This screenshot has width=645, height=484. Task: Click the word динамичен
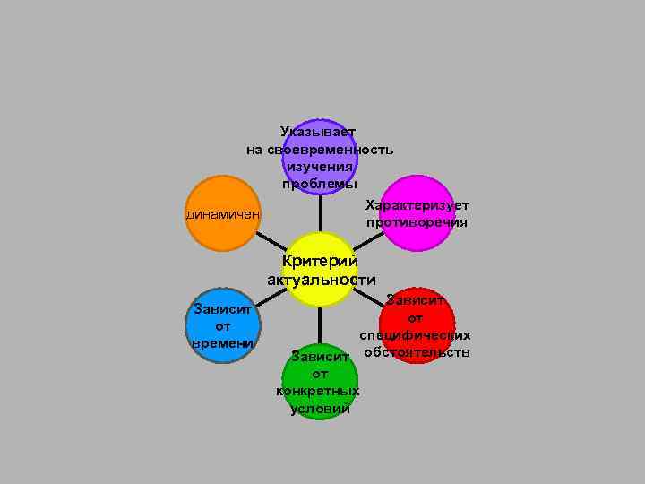pos(223,215)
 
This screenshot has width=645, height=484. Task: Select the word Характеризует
pos(417,205)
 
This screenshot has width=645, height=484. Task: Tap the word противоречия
pos(417,221)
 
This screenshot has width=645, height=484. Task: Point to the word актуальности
pos(321,280)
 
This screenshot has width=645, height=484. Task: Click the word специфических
pos(416,334)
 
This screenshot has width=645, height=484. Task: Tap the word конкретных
pos(319,391)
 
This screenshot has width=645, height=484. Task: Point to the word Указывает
pos(318,133)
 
